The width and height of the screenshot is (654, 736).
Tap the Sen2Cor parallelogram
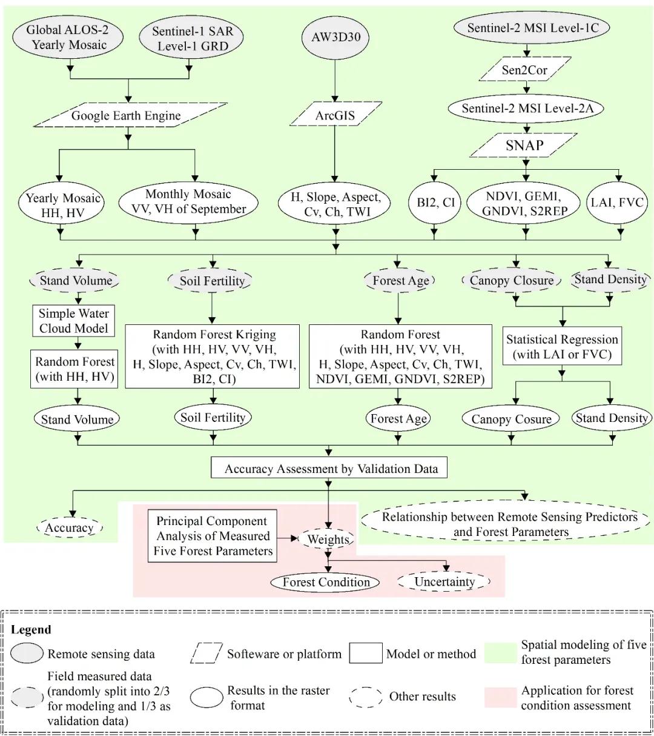point(524,70)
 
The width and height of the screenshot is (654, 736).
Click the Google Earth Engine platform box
point(126,115)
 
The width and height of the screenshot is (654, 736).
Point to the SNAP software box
point(524,146)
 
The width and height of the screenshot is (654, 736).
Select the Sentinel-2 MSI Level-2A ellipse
point(524,109)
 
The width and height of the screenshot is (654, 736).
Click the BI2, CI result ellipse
point(435,202)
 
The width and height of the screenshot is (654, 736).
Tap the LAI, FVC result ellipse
point(616,202)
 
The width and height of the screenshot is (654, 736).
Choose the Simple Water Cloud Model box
point(73,321)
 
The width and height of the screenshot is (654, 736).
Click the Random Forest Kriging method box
point(213,356)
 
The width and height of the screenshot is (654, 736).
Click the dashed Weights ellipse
point(328,539)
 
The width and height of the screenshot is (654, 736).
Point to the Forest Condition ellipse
point(326,582)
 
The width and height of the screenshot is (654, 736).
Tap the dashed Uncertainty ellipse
point(444,582)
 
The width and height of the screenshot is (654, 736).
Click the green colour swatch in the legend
point(500,651)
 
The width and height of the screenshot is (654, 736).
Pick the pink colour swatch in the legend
point(500,697)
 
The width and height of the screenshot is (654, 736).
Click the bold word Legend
point(31,630)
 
